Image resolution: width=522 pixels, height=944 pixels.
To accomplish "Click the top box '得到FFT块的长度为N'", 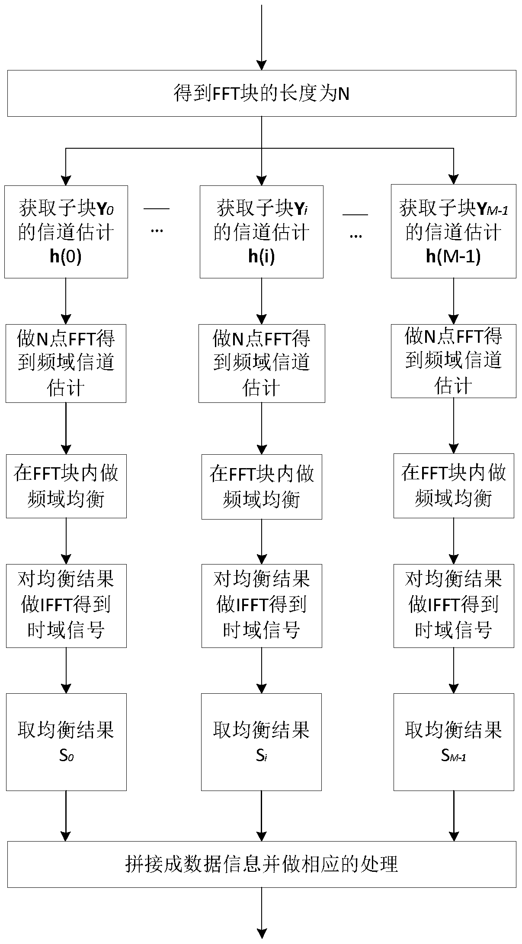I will coord(261,93).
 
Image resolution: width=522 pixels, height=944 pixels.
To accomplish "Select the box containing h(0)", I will coord(66,232).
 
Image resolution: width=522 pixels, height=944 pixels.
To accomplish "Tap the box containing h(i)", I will coord(261,232).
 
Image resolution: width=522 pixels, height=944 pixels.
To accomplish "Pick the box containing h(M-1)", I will coord(453,231).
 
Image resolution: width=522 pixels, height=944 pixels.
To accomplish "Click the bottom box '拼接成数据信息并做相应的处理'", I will coord(261,864).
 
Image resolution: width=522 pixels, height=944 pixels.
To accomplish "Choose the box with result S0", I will coord(66,742).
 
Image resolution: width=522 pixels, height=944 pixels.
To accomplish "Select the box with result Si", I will coord(261,742).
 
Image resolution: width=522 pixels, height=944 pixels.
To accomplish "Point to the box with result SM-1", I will coord(453,742).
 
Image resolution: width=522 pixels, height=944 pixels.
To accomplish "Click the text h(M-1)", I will coord(453,257).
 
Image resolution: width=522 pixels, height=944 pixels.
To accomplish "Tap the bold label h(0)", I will coord(66,257).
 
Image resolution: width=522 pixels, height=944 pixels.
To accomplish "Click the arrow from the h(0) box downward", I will coord(66,301).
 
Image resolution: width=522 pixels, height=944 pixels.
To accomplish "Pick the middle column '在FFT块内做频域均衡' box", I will coord(262,487).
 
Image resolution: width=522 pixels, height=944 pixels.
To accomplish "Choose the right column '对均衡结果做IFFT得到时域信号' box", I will coord(453,606).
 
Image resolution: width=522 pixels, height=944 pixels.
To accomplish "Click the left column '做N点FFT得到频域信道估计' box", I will coord(66,363).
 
